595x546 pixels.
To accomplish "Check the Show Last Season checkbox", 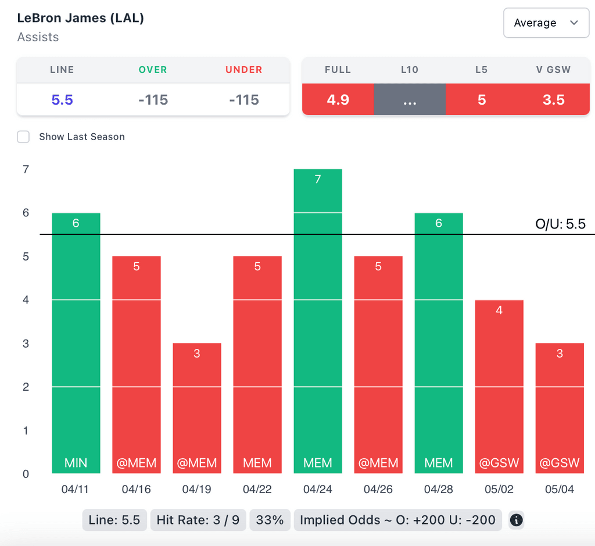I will [x=23, y=137].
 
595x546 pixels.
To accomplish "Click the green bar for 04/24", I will [x=318, y=320].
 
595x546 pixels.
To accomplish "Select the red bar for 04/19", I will [x=197, y=407].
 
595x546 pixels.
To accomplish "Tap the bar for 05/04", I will [x=560, y=407].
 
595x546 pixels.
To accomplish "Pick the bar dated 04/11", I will [x=76, y=343].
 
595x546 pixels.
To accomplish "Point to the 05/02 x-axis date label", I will [x=499, y=490].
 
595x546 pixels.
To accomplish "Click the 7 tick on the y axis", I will [x=26, y=170].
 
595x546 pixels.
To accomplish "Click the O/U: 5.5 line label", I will [x=560, y=224].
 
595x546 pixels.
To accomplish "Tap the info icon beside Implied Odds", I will [x=516, y=520].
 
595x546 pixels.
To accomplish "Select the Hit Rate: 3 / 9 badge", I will [x=198, y=520].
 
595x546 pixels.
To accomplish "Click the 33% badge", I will [x=270, y=520].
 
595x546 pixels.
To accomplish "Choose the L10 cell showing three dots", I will [x=410, y=100].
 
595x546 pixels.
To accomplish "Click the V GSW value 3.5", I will [x=553, y=100].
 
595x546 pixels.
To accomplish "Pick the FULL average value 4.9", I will [x=338, y=100].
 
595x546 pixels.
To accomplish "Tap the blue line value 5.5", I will [x=62, y=100].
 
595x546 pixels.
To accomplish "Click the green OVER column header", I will [x=153, y=70].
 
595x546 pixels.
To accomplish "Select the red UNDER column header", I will [x=244, y=70].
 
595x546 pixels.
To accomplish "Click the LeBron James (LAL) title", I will [x=81, y=18].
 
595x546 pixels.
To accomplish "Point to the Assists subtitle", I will [x=38, y=37].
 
